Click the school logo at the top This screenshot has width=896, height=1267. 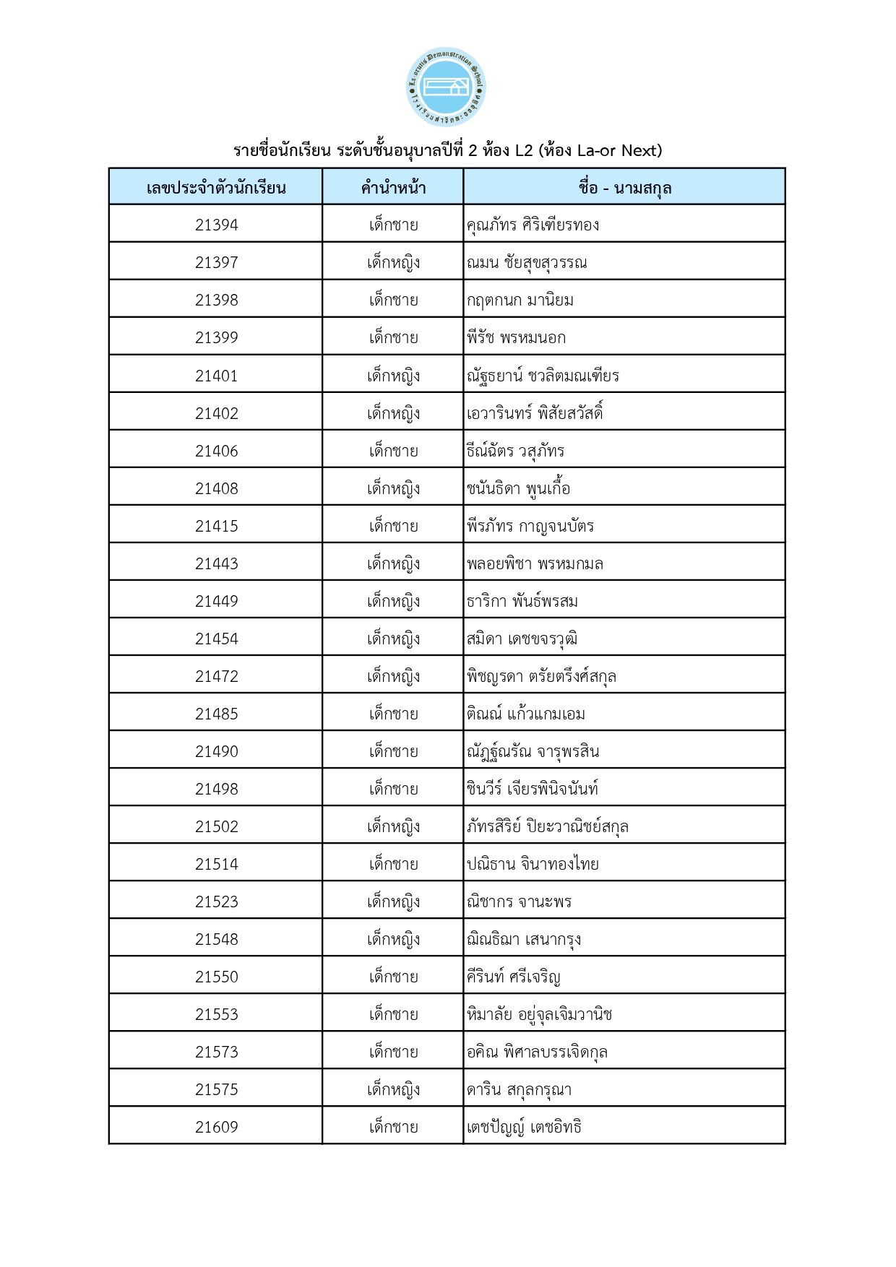pyautogui.click(x=446, y=87)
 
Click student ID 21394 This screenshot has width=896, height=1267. pyautogui.click(x=216, y=225)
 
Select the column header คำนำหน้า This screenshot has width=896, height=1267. pyautogui.click(x=393, y=188)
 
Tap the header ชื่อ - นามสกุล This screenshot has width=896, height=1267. pyautogui.click(x=624, y=188)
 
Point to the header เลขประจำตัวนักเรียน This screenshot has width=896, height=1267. pyautogui.click(x=216, y=188)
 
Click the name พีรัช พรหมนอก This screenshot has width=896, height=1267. pyautogui.click(x=516, y=337)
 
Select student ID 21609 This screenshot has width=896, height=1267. pyautogui.click(x=216, y=1127)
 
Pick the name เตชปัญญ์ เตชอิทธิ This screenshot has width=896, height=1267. pyautogui.click(x=524, y=1127)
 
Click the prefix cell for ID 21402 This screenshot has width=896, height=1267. pyautogui.click(x=393, y=413)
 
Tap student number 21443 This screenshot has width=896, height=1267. pyautogui.click(x=216, y=563)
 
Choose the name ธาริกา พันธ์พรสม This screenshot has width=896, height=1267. pyautogui.click(x=522, y=601)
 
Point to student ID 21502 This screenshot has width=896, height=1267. pyautogui.click(x=216, y=826)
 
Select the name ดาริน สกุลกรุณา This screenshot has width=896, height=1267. pyautogui.click(x=519, y=1089)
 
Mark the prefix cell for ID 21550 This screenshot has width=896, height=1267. pyautogui.click(x=393, y=977)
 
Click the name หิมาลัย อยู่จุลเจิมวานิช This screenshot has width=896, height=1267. pyautogui.click(x=539, y=1014)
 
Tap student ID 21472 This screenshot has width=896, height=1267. pyautogui.click(x=216, y=676)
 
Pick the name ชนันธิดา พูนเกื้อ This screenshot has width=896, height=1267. pyautogui.click(x=518, y=488)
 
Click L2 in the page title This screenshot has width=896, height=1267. pyautogui.click(x=523, y=150)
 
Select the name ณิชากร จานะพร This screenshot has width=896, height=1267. pyautogui.click(x=519, y=901)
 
